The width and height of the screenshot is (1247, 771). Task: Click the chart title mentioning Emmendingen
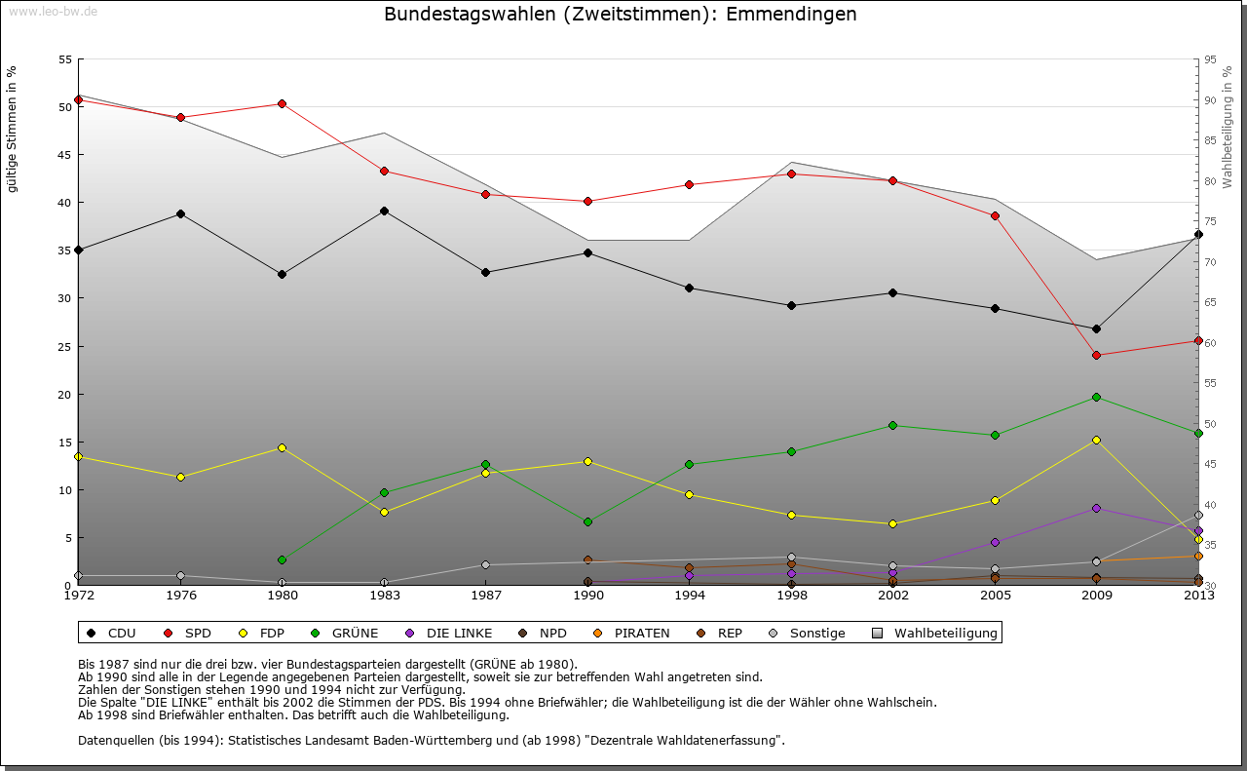point(621,15)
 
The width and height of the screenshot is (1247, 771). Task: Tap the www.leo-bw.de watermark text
point(52,12)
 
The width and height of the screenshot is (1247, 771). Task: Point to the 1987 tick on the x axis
point(485,595)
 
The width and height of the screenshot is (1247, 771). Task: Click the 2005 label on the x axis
point(995,595)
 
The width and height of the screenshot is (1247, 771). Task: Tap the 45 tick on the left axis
point(65,155)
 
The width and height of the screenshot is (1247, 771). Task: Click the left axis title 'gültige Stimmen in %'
point(12,129)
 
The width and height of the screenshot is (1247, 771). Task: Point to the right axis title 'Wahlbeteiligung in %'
point(1228,128)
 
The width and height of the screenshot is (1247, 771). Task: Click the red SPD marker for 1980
point(282,103)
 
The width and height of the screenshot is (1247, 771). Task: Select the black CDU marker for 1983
point(384,211)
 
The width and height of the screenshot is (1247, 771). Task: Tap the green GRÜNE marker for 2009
point(1096,397)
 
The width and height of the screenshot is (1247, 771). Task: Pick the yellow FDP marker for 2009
point(1096,440)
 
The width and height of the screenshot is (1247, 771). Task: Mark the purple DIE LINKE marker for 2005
point(995,542)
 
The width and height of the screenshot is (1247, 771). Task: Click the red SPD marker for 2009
point(1096,355)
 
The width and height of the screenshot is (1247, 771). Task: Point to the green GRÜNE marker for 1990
point(587,521)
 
